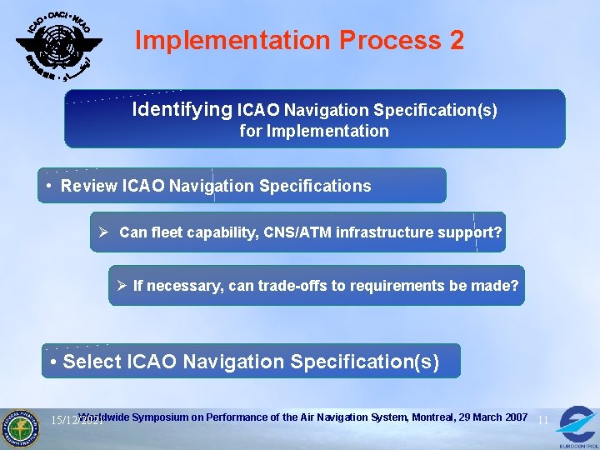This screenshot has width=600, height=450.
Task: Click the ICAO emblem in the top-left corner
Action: coord(58,43)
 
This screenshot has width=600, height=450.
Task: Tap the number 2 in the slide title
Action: coord(456,40)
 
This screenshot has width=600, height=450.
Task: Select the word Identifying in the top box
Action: coord(182,109)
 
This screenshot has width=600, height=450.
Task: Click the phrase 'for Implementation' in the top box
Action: coord(314,131)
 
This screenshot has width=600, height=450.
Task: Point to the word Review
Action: coord(89,186)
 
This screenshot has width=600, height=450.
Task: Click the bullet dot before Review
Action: coord(51,185)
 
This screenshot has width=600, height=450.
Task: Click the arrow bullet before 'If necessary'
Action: coord(122,286)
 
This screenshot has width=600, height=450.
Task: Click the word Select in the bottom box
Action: coord(91,362)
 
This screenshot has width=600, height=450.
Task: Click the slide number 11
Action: coord(542,420)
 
